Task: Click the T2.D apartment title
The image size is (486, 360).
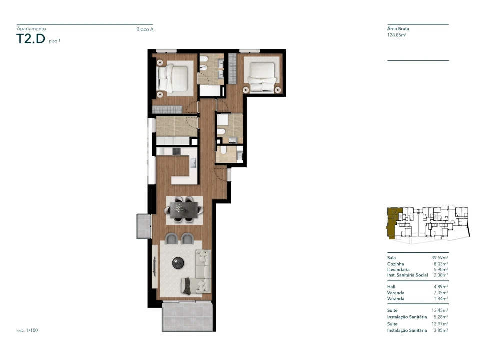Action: [x=31, y=39]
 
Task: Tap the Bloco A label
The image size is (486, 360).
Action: [x=145, y=29]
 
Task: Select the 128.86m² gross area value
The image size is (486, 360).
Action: [x=397, y=35]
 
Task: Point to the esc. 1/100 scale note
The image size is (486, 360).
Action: [x=27, y=330]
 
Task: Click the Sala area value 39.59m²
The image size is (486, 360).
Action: [x=440, y=258]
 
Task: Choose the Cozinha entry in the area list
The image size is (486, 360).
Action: [x=396, y=264]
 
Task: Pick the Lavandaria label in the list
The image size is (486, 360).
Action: [x=398, y=269]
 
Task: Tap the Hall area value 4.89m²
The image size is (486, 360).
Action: [x=441, y=287]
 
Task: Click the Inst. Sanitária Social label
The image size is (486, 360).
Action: [x=407, y=275]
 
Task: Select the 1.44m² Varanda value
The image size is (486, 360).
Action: [x=441, y=298]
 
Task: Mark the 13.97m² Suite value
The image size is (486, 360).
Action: [x=440, y=324]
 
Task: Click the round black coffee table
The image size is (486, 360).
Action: [x=178, y=263]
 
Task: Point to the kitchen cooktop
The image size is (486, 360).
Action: [x=176, y=151]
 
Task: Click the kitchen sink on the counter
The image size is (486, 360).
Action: [x=193, y=163]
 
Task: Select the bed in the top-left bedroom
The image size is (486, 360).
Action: [x=172, y=78]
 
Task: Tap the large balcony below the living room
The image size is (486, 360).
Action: [x=187, y=317]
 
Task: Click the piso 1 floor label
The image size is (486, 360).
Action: [x=55, y=41]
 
